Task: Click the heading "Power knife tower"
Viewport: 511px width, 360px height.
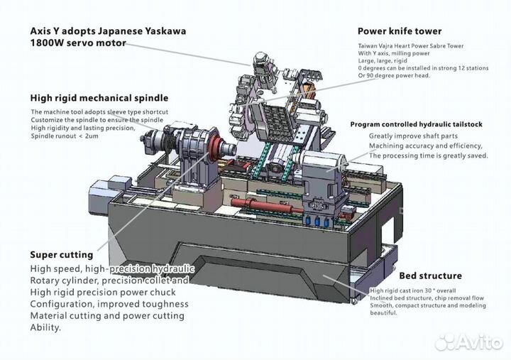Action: tap(399, 31)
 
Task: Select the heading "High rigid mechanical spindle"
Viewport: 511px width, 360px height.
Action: tap(99, 98)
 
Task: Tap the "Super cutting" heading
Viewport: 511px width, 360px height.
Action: tap(61, 254)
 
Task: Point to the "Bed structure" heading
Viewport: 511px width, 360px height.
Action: tap(430, 276)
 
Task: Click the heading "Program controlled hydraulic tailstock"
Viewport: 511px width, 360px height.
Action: tap(416, 124)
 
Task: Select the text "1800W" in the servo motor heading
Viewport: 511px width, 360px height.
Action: tap(48, 43)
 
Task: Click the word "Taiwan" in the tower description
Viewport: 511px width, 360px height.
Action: tap(368, 45)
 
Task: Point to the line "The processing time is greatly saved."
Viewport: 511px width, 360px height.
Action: tap(428, 156)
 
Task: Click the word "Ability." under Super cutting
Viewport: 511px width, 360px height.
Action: tap(46, 327)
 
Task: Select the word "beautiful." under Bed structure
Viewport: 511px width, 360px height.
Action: tap(384, 313)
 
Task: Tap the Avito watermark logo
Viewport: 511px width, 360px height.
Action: tap(468, 342)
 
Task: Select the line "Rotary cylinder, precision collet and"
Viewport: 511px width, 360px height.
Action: tap(109, 280)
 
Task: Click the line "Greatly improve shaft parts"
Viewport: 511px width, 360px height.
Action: tap(413, 136)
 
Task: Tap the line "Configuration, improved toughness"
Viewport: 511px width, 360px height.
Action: tap(109, 304)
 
